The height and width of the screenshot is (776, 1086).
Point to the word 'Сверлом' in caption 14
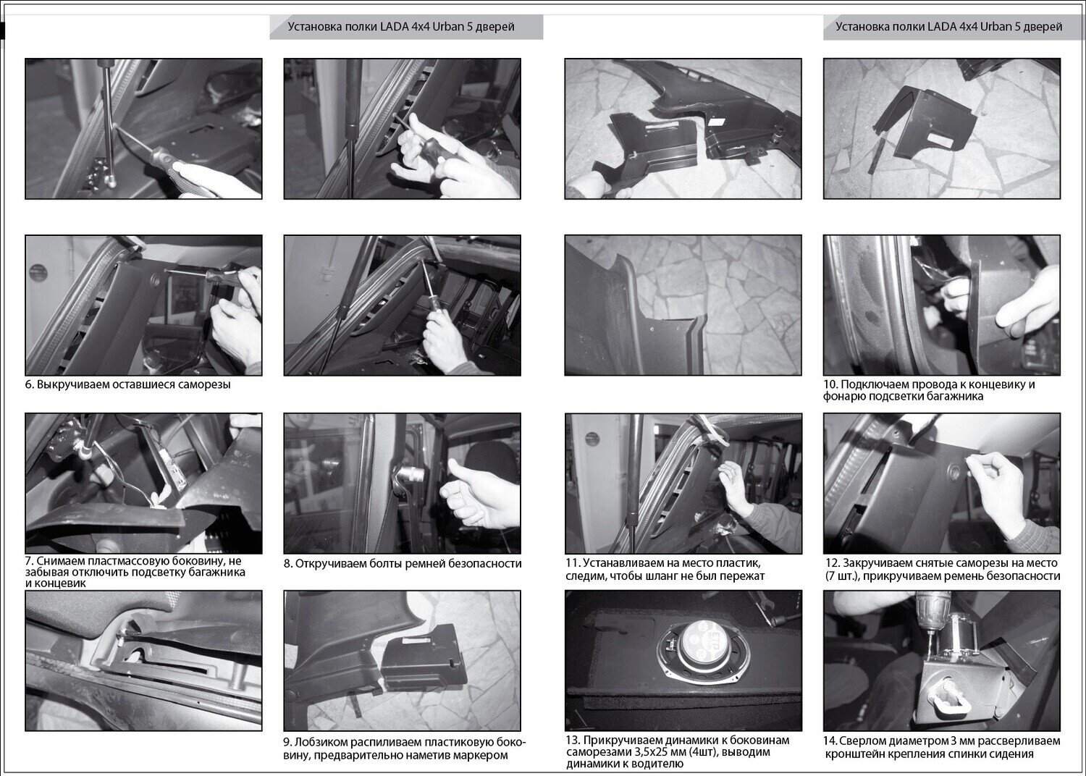point(861,741)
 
